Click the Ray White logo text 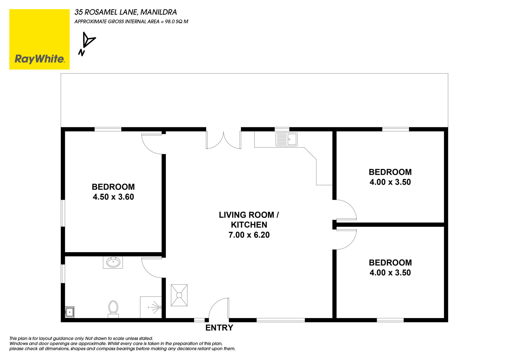point(40,59)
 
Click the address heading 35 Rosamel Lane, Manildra point(126,12)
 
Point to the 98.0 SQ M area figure point(177,22)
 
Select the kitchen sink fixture point(286,139)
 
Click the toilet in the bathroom point(113,309)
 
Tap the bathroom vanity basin point(113,262)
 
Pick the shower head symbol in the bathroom point(156,307)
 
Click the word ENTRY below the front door point(219,328)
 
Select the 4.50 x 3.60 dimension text point(113,197)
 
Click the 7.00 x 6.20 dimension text point(249,235)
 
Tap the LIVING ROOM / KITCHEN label point(249,220)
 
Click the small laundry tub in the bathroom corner point(70,312)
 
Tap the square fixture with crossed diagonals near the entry point(179,295)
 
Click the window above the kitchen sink point(282,129)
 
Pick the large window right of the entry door point(280,320)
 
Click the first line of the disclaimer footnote point(81,339)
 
